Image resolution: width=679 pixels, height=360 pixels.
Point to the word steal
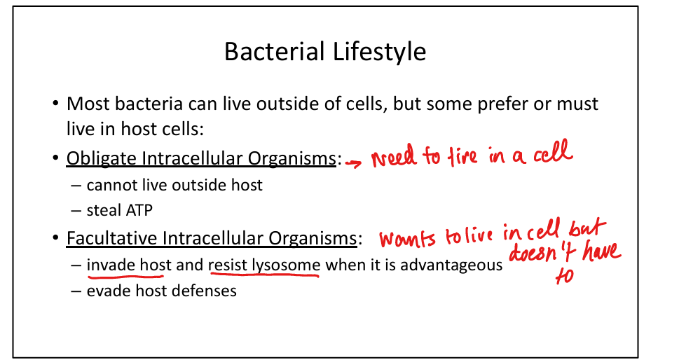102,210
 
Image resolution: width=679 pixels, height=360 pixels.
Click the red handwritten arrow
355,162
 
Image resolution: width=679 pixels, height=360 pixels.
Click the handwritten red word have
598,254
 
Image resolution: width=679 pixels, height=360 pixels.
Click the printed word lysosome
287,265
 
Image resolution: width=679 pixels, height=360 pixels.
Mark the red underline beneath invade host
125,276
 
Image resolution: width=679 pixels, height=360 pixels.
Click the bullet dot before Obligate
55,160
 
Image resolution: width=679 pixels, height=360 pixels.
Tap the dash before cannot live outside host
76,186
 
